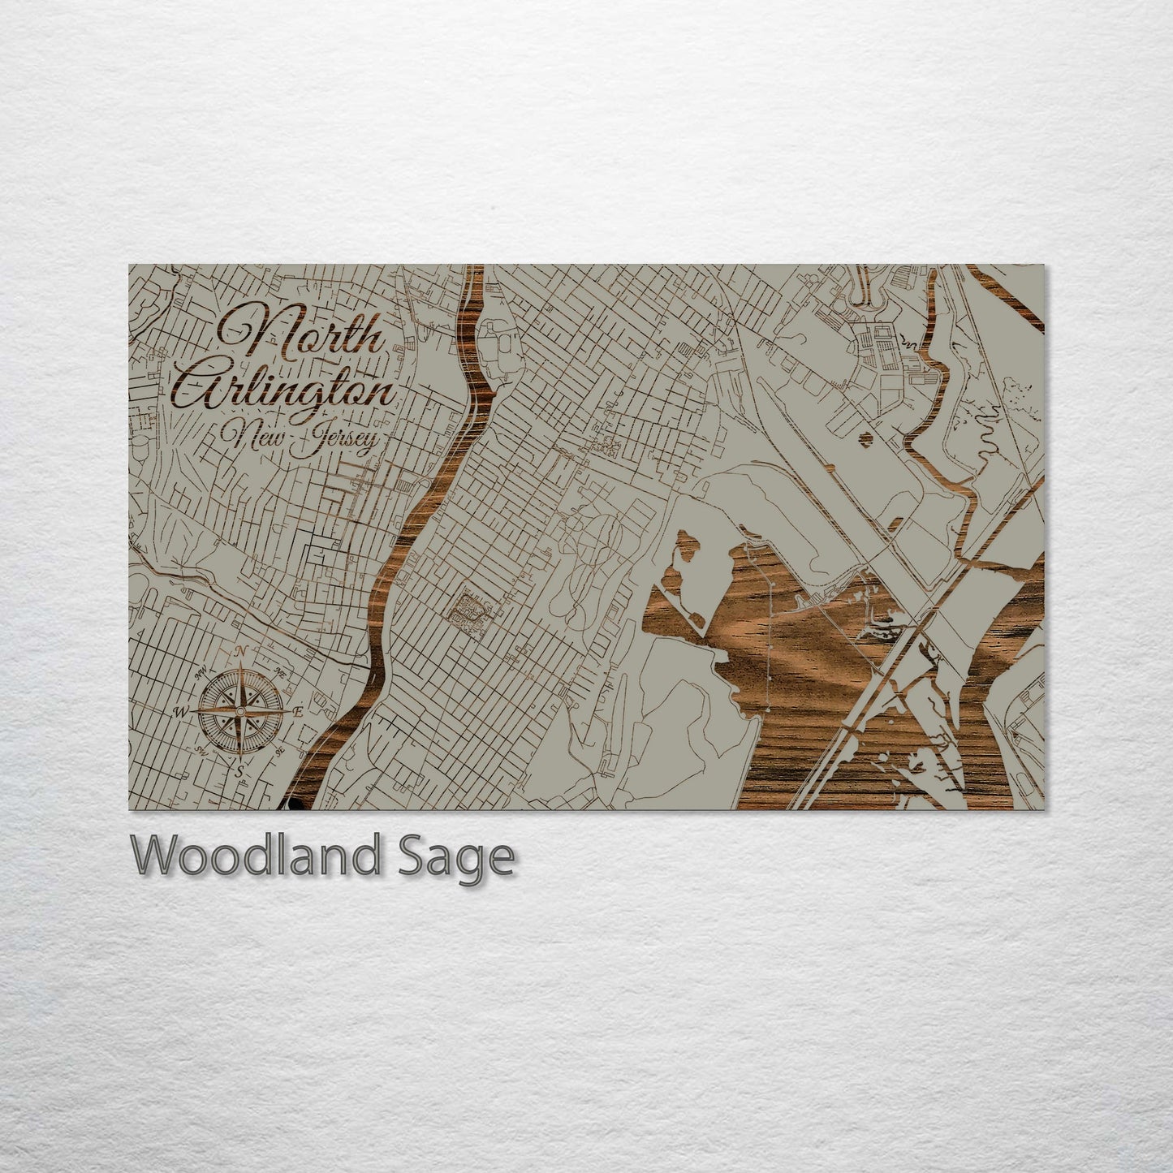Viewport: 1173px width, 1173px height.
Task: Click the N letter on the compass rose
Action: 240,651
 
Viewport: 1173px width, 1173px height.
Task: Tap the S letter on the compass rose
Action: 239,772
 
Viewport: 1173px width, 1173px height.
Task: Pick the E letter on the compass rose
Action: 298,711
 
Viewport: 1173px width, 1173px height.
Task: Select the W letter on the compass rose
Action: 179,712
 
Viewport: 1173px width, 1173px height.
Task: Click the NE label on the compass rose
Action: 280,671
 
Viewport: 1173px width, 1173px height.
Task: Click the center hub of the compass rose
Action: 239,711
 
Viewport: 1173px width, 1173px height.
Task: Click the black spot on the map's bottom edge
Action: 294,804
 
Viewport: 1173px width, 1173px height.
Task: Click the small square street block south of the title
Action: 471,610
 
